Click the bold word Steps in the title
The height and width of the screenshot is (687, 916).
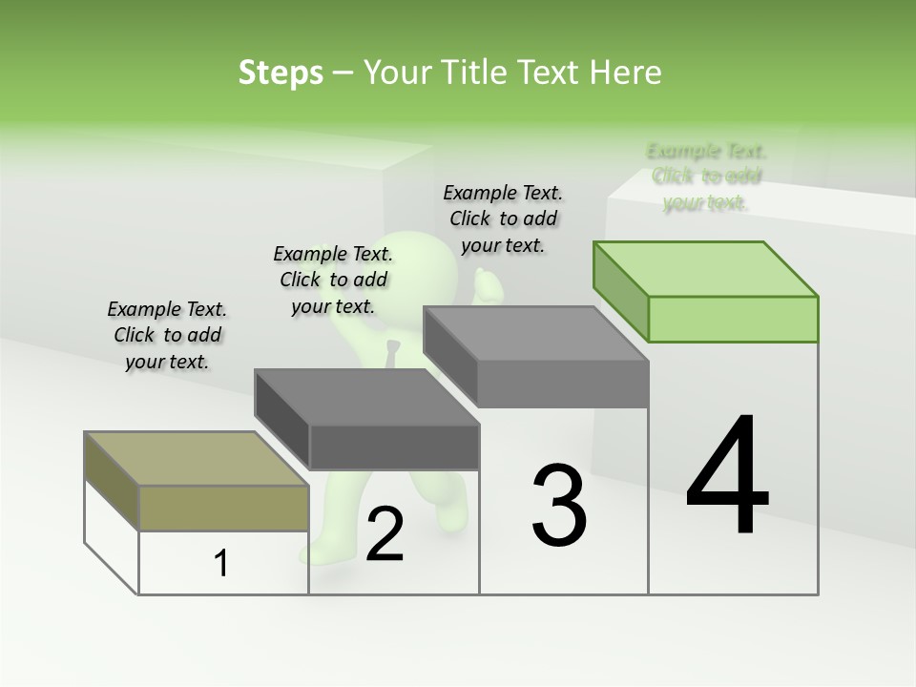point(281,73)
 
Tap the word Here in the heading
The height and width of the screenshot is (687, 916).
point(625,73)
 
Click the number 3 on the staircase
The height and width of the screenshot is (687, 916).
point(559,506)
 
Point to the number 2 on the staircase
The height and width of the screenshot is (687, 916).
point(385,535)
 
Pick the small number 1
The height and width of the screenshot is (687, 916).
point(221,563)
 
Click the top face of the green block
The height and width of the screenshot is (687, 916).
point(706,268)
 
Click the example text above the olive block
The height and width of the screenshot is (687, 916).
point(167,335)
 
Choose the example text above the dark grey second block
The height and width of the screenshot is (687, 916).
point(333,280)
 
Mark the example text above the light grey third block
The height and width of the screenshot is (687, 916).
point(503,219)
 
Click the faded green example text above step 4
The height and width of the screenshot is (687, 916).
point(706,177)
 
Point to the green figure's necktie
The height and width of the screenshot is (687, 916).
point(392,352)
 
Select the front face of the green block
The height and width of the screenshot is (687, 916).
point(733,319)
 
